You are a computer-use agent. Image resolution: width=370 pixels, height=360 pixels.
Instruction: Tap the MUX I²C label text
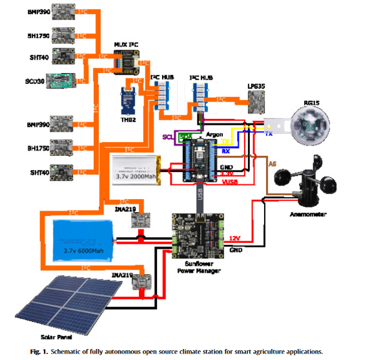[x=127, y=44]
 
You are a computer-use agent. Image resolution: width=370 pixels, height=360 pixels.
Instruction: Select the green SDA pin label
[x=185, y=137]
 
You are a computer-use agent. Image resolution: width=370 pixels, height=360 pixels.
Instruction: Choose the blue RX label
[x=226, y=151]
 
